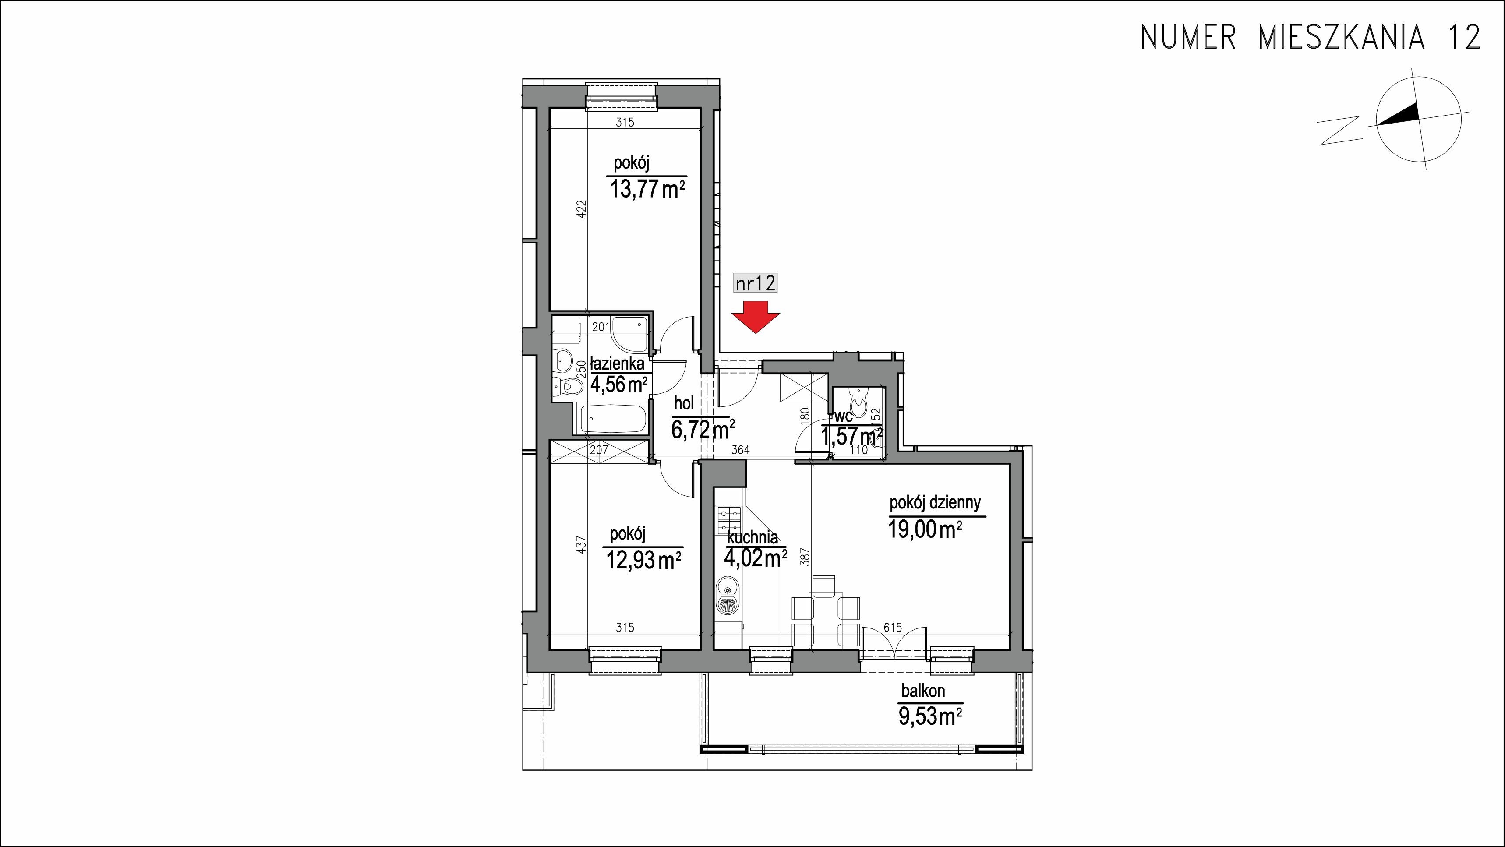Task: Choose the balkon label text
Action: (x=923, y=691)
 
